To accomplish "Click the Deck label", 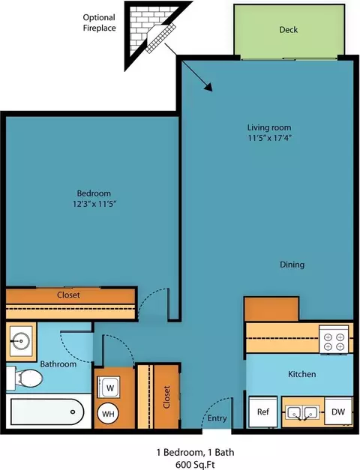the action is click(x=288, y=30).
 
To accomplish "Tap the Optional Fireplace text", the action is click(x=99, y=22).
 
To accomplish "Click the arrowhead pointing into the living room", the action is click(x=208, y=87).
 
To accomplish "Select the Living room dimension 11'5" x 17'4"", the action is click(x=270, y=138).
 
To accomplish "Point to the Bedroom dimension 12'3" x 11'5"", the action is click(x=94, y=204).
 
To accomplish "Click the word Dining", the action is click(x=292, y=265).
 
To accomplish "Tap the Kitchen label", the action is click(x=301, y=374).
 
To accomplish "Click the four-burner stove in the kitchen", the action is click(x=334, y=340).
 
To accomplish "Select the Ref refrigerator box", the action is click(x=263, y=412).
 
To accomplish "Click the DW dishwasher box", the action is click(x=338, y=412).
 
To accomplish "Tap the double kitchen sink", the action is click(x=301, y=412).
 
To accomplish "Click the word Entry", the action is click(x=217, y=418).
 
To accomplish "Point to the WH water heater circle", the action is click(x=108, y=414).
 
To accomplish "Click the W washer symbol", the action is click(x=109, y=388).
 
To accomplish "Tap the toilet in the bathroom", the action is click(x=25, y=379).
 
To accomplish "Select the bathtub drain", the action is click(x=73, y=412).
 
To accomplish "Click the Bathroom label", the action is click(x=58, y=364).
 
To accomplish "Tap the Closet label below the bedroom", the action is click(x=68, y=295).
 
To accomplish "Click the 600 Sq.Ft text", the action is click(x=195, y=465).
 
